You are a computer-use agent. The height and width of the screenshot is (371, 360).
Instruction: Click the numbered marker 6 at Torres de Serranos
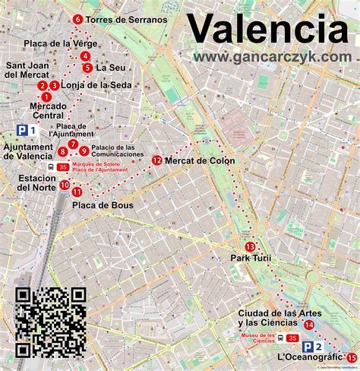(77, 20)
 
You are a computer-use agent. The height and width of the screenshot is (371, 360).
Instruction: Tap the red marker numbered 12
(156, 160)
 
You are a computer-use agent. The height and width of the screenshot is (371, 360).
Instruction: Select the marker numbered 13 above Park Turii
(250, 246)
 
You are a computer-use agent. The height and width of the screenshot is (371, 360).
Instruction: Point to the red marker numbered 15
(351, 357)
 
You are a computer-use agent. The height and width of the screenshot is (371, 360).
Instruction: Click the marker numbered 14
(309, 325)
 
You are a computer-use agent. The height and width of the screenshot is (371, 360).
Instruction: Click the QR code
(51, 322)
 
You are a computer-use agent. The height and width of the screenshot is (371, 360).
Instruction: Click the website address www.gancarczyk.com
(272, 57)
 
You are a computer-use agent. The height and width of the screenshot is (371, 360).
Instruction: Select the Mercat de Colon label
(198, 160)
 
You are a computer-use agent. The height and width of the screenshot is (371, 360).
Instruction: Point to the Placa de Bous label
(103, 205)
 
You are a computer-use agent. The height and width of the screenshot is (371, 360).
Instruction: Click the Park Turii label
(251, 259)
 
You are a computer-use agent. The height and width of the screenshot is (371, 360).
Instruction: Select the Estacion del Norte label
(27, 183)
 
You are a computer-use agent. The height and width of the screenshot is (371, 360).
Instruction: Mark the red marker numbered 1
(46, 97)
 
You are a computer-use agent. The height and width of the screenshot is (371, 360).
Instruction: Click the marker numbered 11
(77, 192)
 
